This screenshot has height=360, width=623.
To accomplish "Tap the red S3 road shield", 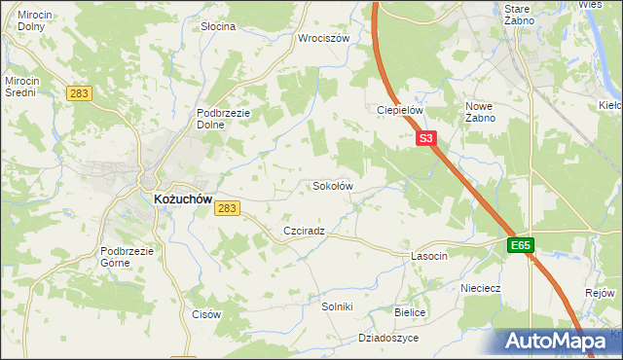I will click(x=425, y=139).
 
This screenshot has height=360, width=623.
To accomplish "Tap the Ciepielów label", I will click(x=399, y=110).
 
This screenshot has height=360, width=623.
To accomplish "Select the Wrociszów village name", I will click(x=323, y=39).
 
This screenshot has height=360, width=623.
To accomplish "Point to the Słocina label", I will click(x=218, y=26).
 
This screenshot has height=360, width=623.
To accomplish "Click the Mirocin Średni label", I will click(x=20, y=87).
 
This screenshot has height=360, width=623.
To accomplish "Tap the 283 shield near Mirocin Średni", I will click(x=80, y=93).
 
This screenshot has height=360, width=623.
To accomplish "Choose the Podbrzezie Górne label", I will click(x=128, y=256).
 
